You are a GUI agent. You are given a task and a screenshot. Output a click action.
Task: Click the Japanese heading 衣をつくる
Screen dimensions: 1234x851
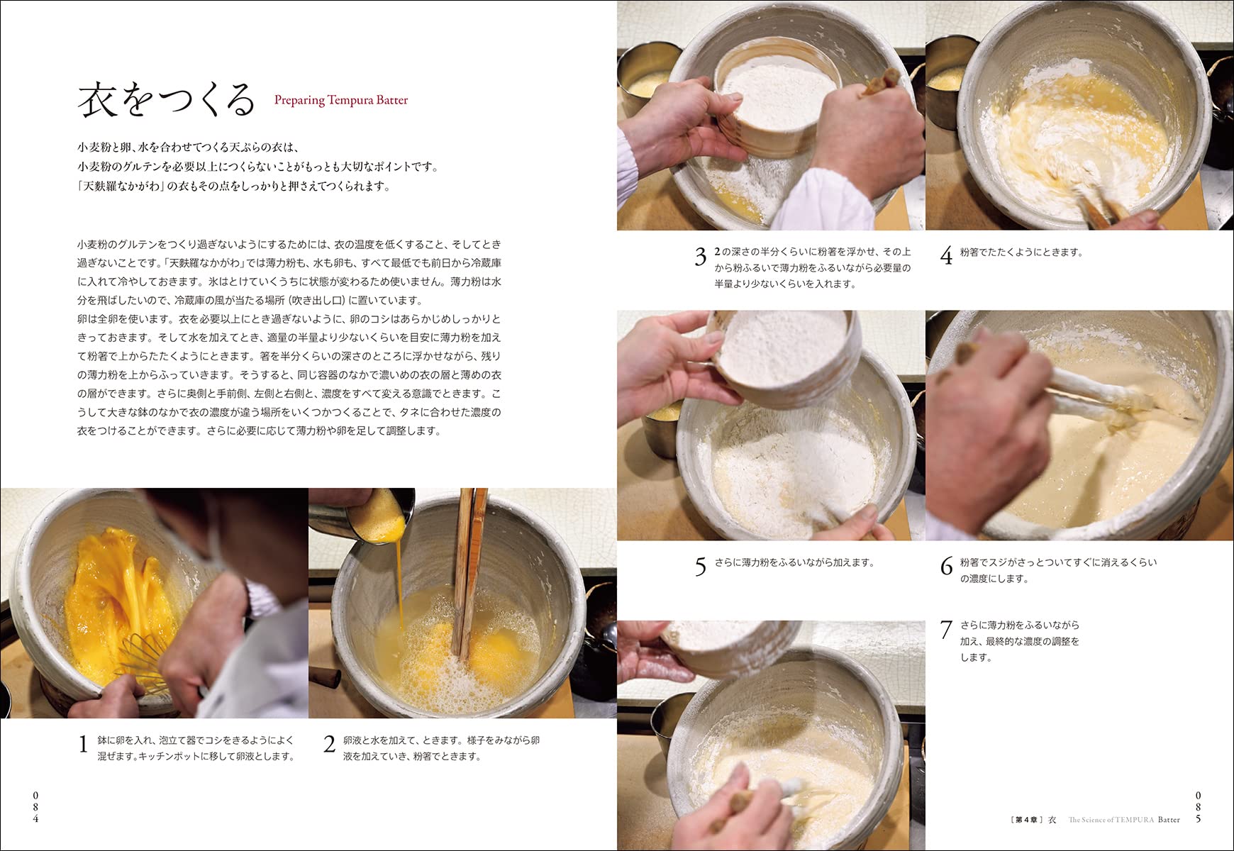(166, 100)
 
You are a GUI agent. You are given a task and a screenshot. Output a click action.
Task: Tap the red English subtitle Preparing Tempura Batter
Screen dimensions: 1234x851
(341, 100)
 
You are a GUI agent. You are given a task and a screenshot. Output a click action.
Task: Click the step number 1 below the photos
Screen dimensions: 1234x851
(83, 744)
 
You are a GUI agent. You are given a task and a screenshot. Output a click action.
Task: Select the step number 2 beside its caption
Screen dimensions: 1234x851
(329, 744)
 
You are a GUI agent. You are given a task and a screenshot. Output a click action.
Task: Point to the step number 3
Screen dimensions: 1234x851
(701, 257)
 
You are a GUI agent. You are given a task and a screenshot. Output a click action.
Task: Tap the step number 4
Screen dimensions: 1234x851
(946, 255)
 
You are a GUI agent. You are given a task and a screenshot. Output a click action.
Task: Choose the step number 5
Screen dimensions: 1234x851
(701, 567)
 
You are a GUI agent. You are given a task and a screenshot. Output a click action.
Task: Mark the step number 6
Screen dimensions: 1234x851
(946, 566)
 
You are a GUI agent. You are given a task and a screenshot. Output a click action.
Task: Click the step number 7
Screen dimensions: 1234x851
(946, 629)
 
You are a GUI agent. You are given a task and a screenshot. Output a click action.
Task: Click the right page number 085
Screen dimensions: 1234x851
(1199, 807)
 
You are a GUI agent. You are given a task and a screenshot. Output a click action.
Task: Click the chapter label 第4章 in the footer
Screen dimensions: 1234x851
(1025, 820)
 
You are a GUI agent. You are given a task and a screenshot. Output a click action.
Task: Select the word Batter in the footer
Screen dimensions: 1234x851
(1169, 820)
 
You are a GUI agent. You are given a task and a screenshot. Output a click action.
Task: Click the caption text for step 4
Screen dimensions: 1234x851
(1021, 252)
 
